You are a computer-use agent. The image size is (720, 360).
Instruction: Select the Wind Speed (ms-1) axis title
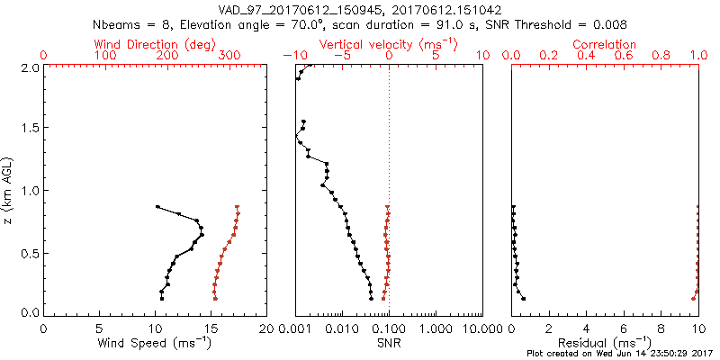(155, 344)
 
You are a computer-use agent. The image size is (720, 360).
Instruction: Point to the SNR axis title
(389, 344)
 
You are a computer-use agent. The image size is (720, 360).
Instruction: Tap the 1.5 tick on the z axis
(29, 128)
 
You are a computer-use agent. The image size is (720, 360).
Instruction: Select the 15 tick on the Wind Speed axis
(211, 328)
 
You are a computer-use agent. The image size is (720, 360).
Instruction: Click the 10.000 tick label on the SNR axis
(481, 328)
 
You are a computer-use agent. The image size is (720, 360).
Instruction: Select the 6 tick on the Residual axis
(624, 328)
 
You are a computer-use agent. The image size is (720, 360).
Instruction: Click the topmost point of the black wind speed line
(157, 207)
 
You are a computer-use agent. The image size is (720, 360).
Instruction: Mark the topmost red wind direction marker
(238, 207)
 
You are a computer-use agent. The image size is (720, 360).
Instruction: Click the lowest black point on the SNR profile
(371, 299)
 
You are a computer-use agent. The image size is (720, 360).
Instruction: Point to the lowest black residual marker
(523, 299)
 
